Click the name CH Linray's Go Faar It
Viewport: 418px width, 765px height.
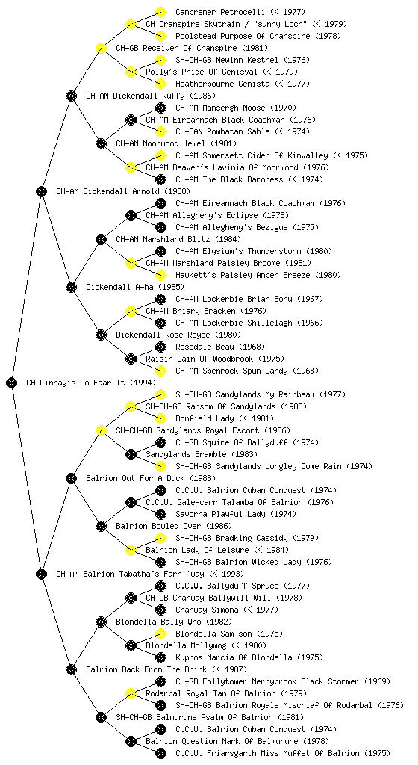click(x=75, y=382)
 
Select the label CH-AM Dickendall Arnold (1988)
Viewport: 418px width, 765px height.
click(x=123, y=191)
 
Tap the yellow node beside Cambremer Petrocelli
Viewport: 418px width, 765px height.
click(x=160, y=12)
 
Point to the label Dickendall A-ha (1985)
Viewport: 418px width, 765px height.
click(x=129, y=287)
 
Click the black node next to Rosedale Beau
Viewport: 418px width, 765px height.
click(x=160, y=347)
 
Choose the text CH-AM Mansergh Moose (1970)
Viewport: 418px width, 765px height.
click(x=236, y=108)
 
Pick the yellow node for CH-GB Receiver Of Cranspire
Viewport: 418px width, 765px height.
click(x=101, y=48)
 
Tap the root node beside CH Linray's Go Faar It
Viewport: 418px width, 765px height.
click(x=12, y=382)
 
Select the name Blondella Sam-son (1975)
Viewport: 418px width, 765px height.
click(x=229, y=634)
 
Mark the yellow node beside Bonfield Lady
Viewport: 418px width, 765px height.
click(x=160, y=418)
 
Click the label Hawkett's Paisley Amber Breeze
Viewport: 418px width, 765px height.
click(x=243, y=275)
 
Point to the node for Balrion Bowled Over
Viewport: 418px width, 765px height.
click(x=101, y=526)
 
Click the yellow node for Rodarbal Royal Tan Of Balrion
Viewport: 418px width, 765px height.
click(x=131, y=693)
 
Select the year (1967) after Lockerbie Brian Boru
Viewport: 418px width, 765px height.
click(x=310, y=299)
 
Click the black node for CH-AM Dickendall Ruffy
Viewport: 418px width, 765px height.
click(x=71, y=96)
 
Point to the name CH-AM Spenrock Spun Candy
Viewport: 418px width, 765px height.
click(x=231, y=371)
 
